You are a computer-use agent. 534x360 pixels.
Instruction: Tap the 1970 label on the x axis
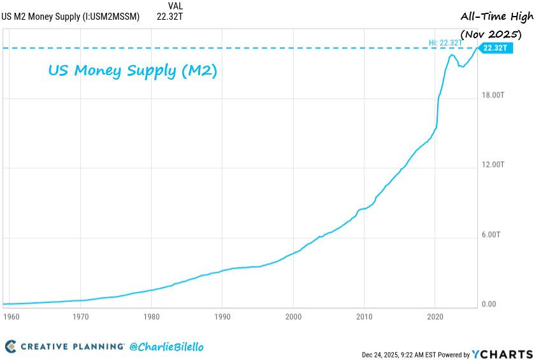click(80, 316)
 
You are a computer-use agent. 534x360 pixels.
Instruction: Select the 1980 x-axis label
click(151, 316)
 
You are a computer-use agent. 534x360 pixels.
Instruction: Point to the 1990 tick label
click(222, 316)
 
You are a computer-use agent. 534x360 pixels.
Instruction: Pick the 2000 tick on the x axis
click(293, 316)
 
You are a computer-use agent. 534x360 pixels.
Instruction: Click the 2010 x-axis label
click(364, 316)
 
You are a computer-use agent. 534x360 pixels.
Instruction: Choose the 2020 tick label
click(435, 316)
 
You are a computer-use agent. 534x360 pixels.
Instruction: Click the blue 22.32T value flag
click(495, 48)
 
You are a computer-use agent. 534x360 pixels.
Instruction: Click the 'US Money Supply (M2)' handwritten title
click(133, 70)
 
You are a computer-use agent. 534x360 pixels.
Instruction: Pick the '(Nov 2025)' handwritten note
click(496, 33)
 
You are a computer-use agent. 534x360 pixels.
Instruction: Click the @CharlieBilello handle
click(166, 347)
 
